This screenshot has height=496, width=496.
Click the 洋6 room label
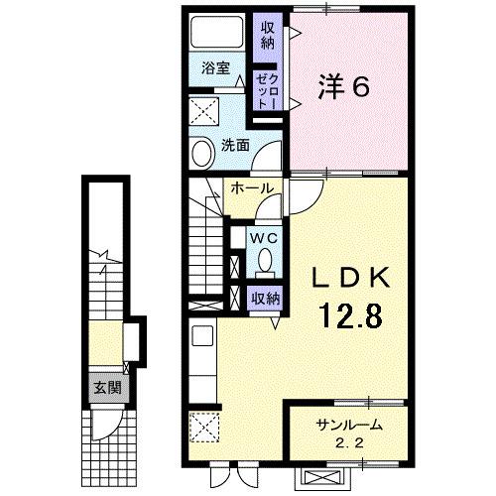343,87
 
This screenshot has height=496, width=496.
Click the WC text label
263,238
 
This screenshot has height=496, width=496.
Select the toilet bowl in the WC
265,260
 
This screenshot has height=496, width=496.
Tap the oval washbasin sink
201,155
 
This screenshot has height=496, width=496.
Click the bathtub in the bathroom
217,33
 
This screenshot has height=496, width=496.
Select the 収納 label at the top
268,36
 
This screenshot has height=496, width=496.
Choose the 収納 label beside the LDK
265,298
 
